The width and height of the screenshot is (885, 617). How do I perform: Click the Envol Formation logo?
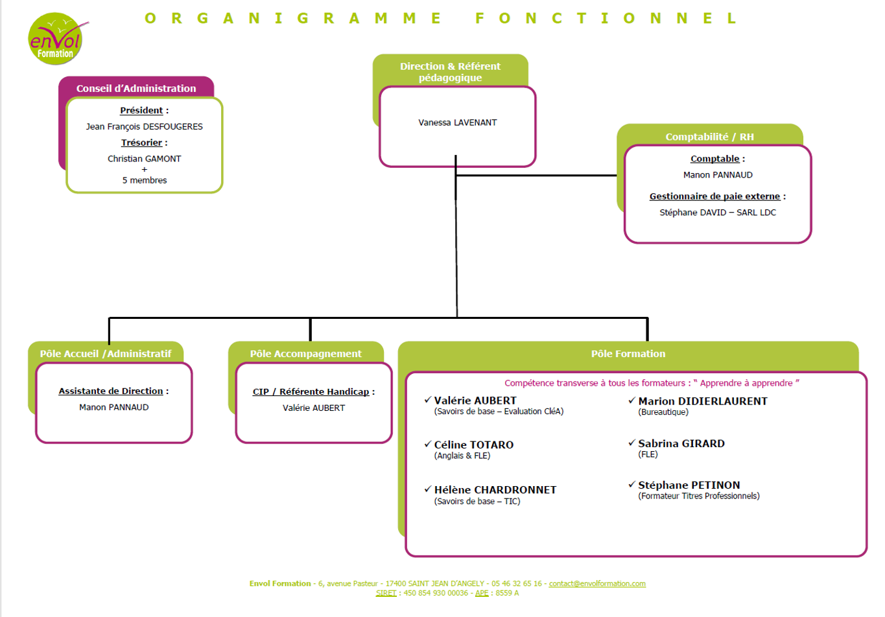pyautogui.click(x=56, y=38)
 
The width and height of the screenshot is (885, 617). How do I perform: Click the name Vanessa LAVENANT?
pyautogui.click(x=458, y=122)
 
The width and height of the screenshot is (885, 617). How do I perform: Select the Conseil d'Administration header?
pyautogui.click(x=136, y=88)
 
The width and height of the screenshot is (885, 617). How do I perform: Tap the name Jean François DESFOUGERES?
pyautogui.click(x=144, y=126)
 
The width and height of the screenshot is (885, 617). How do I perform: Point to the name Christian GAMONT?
pyautogui.click(x=144, y=159)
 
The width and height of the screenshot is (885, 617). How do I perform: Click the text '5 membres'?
pyautogui.click(x=144, y=180)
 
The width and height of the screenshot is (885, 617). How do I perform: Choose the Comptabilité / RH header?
pyautogui.click(x=709, y=137)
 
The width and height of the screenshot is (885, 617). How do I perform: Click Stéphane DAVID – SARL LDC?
pyautogui.click(x=718, y=213)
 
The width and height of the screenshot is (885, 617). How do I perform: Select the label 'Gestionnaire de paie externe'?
pyautogui.click(x=714, y=196)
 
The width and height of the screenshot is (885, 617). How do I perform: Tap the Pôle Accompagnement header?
pyautogui.click(x=306, y=353)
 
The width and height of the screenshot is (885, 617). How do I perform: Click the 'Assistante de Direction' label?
pyautogui.click(x=111, y=391)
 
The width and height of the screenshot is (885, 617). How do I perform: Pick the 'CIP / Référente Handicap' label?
pyautogui.click(x=311, y=392)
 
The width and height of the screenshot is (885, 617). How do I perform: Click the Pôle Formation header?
pyautogui.click(x=628, y=353)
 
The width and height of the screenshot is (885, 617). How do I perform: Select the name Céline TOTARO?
pyautogui.click(x=474, y=445)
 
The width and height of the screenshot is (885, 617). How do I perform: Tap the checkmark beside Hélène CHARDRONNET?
pyautogui.click(x=427, y=489)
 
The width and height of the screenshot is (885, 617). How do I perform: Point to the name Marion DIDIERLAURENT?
pyautogui.click(x=702, y=401)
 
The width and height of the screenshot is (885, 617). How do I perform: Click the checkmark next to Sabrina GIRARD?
pyautogui.click(x=631, y=443)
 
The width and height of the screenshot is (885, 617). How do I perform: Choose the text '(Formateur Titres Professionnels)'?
pyautogui.click(x=698, y=496)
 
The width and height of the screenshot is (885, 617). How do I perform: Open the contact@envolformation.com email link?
pyautogui.click(x=597, y=583)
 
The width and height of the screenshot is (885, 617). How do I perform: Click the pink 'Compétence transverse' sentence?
pyautogui.click(x=652, y=383)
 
